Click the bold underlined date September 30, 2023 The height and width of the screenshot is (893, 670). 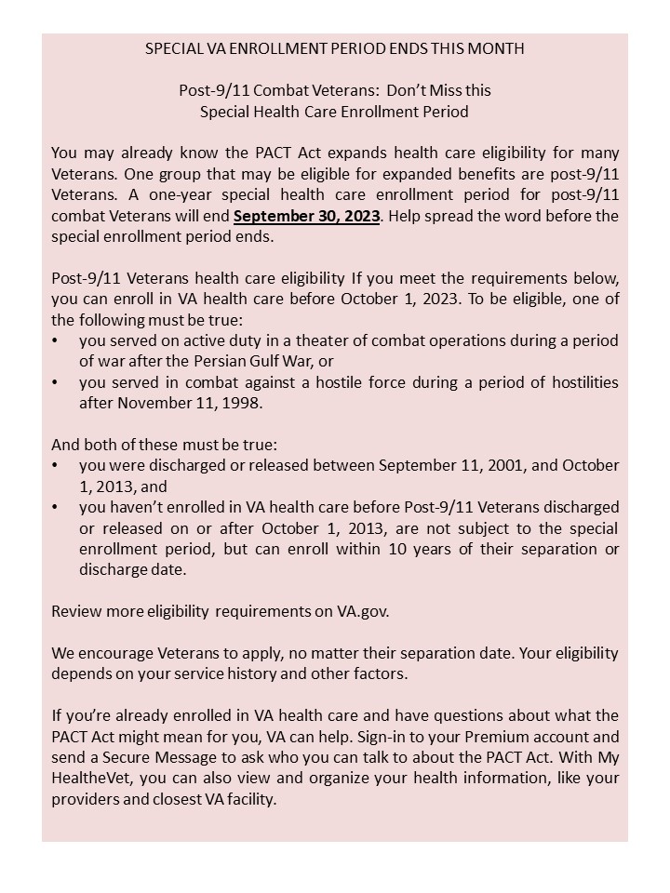(307, 216)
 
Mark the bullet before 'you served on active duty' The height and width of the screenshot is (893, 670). (57, 340)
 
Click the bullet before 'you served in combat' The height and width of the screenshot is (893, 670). (57, 382)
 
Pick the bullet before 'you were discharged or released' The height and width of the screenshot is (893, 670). (57, 464)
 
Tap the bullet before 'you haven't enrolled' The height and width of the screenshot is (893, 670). (57, 507)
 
